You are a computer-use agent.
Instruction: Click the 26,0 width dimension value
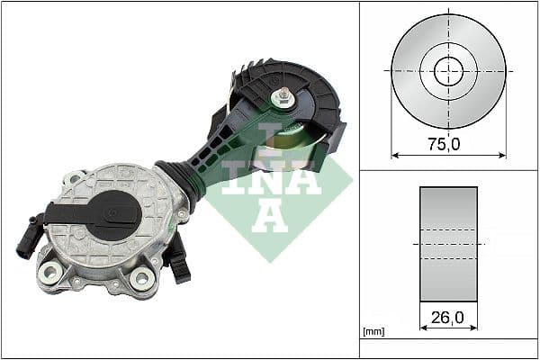[447, 316]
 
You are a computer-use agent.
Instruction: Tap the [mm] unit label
[373, 332]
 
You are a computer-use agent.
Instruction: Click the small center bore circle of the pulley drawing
[448, 70]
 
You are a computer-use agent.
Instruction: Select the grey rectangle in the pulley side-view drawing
[448, 244]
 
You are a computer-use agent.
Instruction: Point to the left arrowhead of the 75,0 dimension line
[395, 154]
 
